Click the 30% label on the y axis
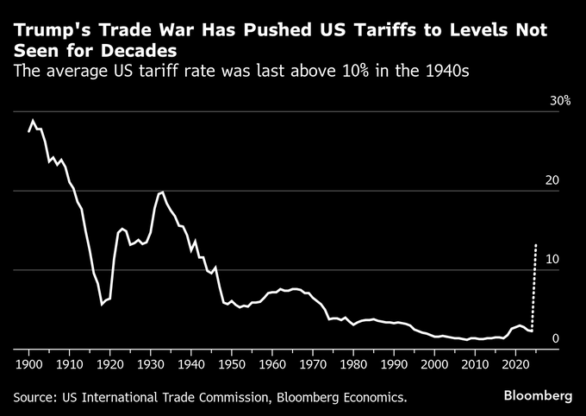(561, 101)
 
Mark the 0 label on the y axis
(556, 338)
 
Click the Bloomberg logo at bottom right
(538, 396)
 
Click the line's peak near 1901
(33, 121)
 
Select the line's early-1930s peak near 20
(162, 192)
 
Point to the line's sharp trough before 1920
(103, 304)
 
